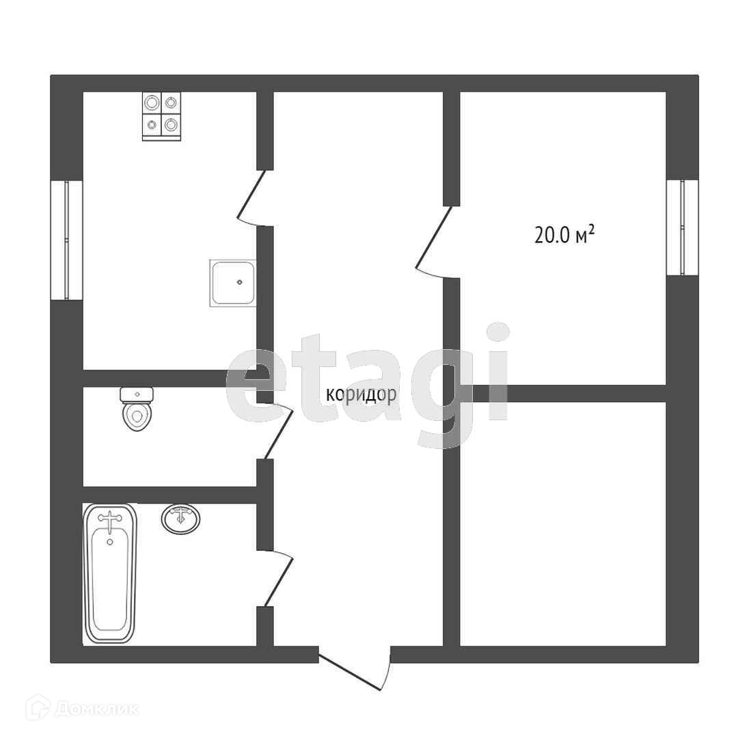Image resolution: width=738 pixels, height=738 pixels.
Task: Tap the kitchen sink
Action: coord(232,282)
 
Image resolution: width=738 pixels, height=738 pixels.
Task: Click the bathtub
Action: coord(110,573)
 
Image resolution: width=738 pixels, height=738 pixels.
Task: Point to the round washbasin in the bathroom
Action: coord(181,519)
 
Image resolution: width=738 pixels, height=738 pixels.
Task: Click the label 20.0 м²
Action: coord(564,235)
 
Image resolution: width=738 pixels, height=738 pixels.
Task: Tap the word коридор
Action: coord(361,395)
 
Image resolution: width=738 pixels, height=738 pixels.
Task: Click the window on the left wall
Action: coord(67,240)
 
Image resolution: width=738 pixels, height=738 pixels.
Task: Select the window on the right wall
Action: coord(682,227)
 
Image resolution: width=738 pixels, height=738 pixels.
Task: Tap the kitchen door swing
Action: coord(251,198)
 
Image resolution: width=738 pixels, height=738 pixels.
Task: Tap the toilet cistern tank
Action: coord(137,394)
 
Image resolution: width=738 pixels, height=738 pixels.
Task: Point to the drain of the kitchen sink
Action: coord(239,282)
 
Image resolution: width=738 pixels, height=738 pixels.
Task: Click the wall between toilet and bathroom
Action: coord(169,495)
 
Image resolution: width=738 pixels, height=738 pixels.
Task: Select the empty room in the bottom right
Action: coord(562,523)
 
